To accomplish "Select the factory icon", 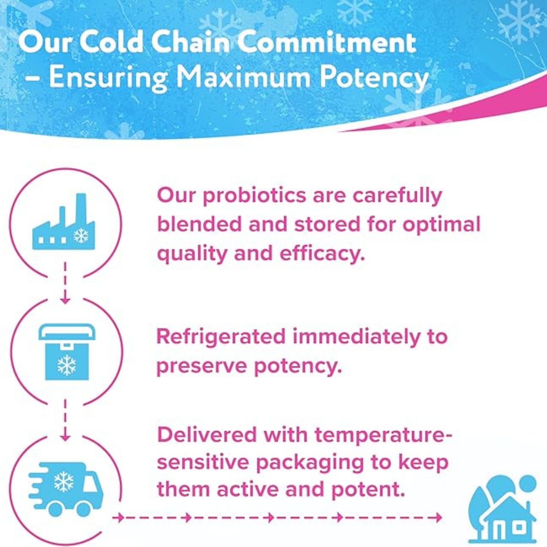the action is tap(64, 221).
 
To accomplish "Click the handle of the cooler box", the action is tap(67, 332).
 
